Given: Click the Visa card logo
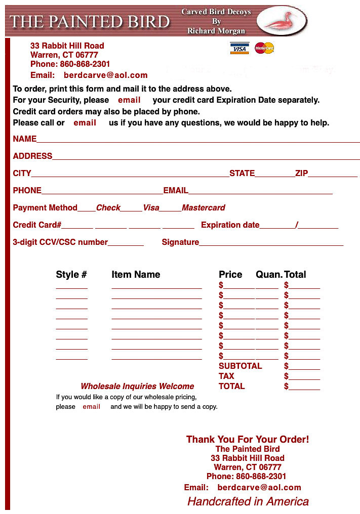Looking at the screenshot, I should (239, 48).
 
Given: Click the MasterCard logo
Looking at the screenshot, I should (264, 48).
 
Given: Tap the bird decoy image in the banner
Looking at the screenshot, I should (282, 21).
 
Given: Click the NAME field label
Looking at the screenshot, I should (25, 139).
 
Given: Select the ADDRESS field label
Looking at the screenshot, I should (32, 156).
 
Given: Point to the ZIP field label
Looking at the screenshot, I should (302, 174).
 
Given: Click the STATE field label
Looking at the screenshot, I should (242, 174).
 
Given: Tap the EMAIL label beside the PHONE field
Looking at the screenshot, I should (176, 191).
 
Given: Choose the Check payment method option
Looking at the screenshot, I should (108, 208).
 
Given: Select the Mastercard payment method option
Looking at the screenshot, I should (204, 208).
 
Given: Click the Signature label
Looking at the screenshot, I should (180, 242).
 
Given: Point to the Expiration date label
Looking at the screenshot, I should (230, 225).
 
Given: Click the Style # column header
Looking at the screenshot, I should (71, 275).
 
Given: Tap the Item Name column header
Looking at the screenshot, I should (136, 275).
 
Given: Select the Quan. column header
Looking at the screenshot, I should (269, 275).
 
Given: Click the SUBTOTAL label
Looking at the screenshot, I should (240, 366).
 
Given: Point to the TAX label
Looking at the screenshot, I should (226, 376).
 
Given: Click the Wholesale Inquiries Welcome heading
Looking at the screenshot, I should (137, 387).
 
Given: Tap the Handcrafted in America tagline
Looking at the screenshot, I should (248, 501).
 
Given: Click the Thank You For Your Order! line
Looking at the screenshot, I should (248, 439).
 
